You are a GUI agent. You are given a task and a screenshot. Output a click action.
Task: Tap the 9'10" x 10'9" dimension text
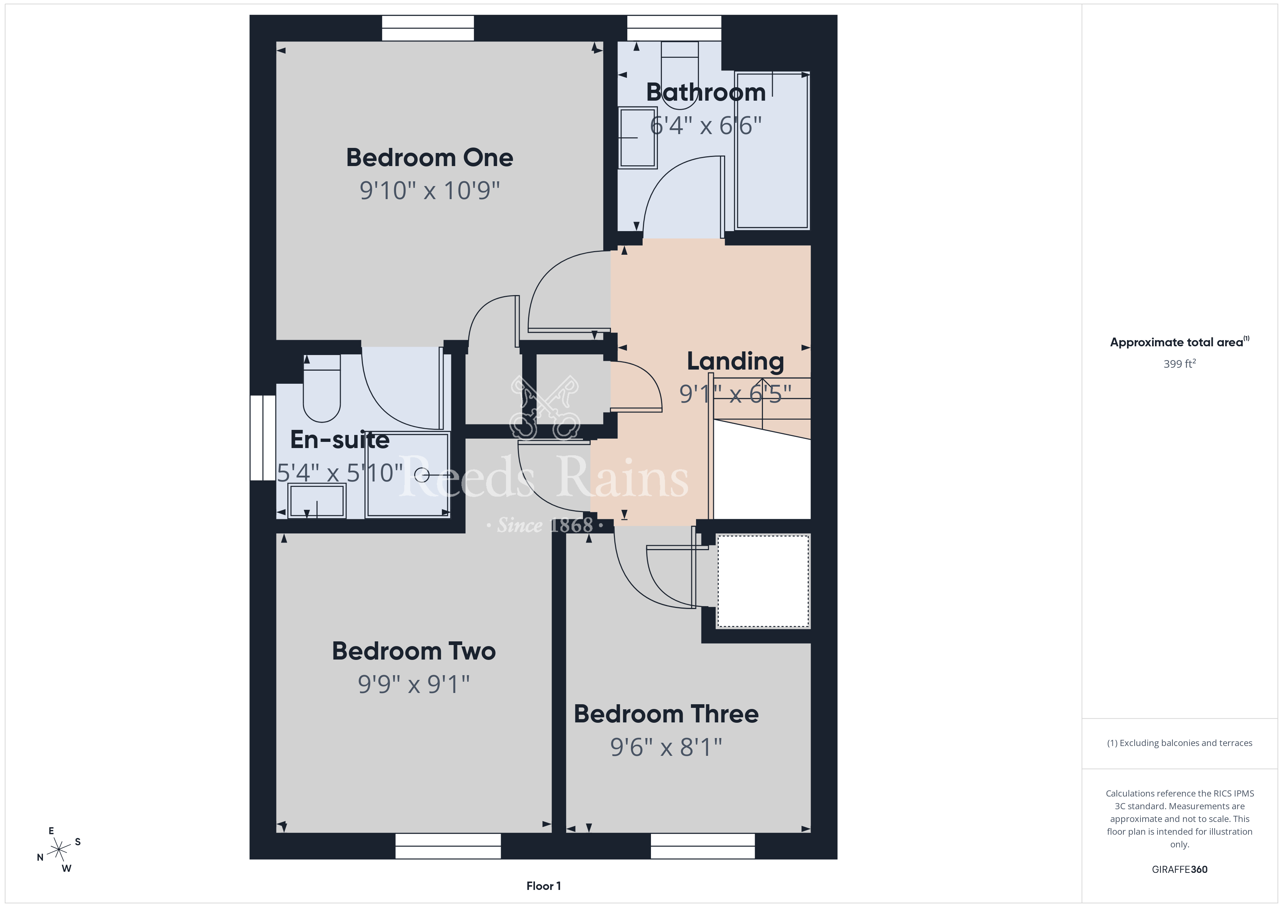tap(429, 190)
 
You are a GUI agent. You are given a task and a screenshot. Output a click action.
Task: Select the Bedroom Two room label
tap(413, 651)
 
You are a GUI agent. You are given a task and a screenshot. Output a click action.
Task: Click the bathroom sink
tap(637, 137)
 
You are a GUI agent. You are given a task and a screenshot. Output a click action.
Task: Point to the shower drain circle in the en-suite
tap(422, 475)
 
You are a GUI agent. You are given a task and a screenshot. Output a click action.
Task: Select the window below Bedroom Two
tap(448, 846)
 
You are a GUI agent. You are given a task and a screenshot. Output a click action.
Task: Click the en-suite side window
tap(263, 438)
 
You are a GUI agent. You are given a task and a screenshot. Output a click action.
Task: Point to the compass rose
tap(59, 850)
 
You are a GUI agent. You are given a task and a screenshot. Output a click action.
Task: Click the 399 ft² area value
tap(1180, 364)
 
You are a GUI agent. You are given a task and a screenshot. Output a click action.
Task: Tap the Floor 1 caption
tap(544, 886)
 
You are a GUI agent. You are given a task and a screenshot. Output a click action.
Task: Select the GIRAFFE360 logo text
tap(1180, 870)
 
